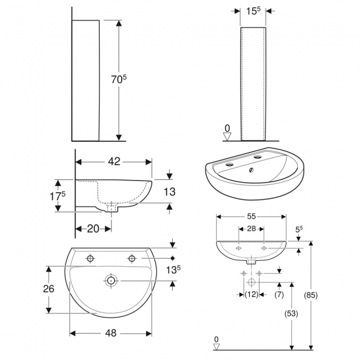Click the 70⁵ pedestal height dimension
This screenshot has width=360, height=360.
pos(118,80)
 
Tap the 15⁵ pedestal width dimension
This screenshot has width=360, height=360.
pos(254,10)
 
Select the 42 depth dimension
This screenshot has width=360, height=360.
pos(114,162)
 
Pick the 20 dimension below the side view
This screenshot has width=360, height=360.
pos(93,229)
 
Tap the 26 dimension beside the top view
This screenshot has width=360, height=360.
pos(49,289)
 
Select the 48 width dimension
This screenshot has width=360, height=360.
pos(111,333)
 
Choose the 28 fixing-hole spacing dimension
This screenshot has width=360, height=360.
pos(251,229)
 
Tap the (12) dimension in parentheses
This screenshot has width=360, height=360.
pos(251,295)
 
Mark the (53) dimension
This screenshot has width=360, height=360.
pos(291,313)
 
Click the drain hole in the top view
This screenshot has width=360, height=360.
pos(111,281)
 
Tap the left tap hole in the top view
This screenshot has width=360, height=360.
pos(90,258)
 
